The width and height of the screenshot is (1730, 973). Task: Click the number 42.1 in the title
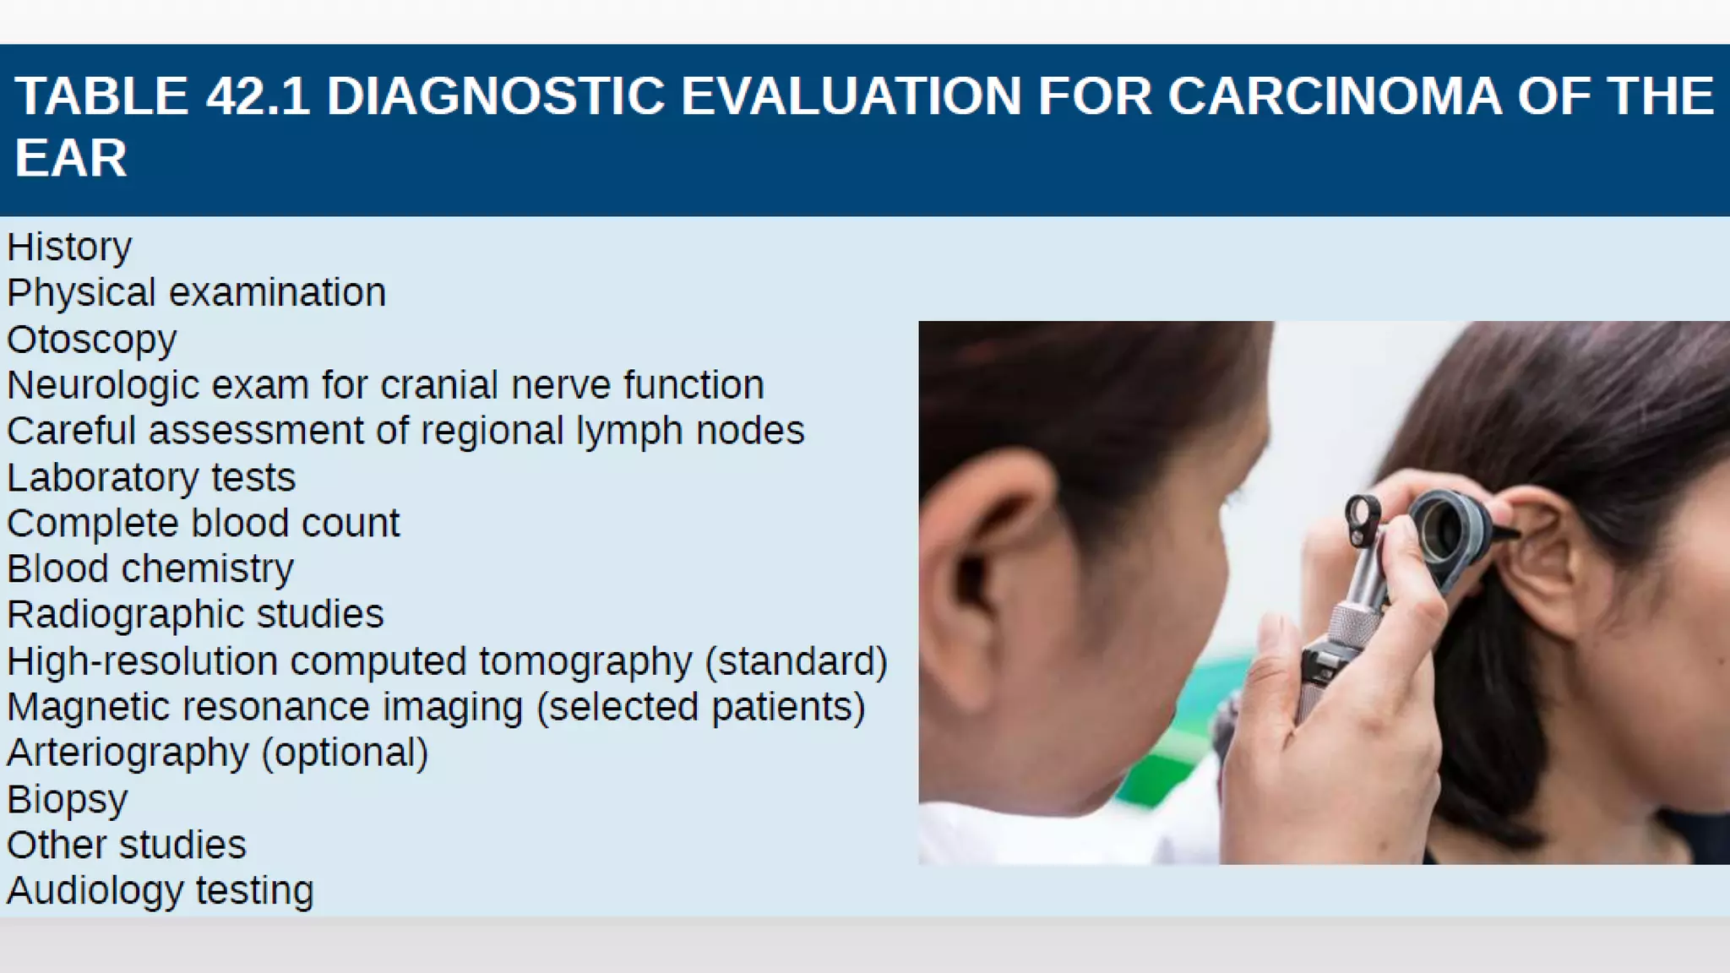[x=258, y=95]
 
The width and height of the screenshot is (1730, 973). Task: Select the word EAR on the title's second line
[x=71, y=158]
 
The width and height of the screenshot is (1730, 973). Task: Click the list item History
[x=69, y=247]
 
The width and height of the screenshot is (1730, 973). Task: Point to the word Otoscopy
[x=92, y=340]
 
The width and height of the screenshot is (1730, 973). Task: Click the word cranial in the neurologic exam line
[x=438, y=385]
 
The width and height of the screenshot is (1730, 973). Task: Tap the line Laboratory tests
[x=151, y=478]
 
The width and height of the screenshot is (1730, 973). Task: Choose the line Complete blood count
[x=203, y=524]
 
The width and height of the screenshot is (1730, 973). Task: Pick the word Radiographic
[x=126, y=615]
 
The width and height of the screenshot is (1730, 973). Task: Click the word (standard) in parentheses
[x=797, y=661]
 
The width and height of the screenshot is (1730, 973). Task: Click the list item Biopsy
[x=68, y=799]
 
